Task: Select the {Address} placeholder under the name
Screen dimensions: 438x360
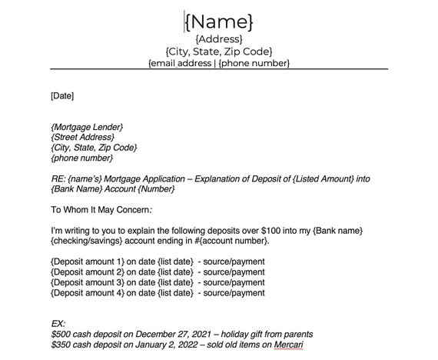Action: tap(219, 38)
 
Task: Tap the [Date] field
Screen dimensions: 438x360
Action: tap(62, 96)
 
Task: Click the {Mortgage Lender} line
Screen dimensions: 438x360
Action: tap(87, 126)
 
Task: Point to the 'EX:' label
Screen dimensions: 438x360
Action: tap(58, 324)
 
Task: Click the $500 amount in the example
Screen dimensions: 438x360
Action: tap(61, 334)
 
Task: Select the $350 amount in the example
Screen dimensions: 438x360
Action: tap(61, 345)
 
